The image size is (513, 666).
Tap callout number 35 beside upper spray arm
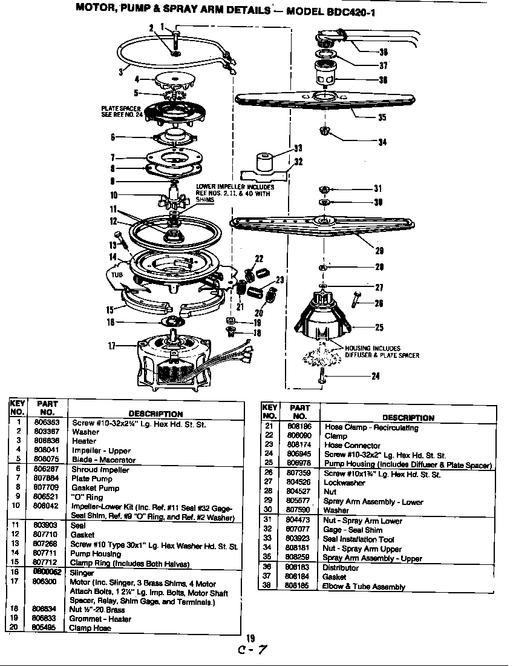pyautogui.click(x=382, y=117)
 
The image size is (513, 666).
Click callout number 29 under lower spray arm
pyautogui.click(x=380, y=251)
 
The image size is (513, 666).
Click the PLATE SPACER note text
pyautogui.click(x=121, y=111)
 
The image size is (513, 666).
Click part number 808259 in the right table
pyautogui.click(x=297, y=558)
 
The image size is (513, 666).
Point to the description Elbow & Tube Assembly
pyautogui.click(x=363, y=587)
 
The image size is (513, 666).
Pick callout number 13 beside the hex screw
pyautogui.click(x=113, y=245)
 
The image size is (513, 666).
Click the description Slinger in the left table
pyautogui.click(x=83, y=573)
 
